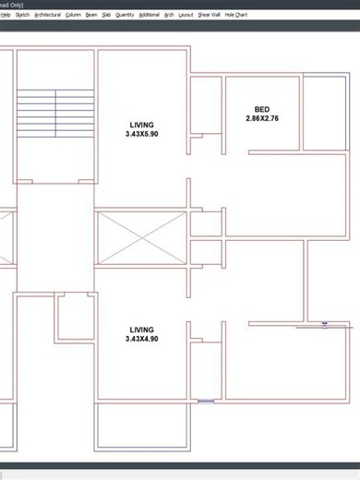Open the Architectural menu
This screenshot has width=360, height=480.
click(x=47, y=15)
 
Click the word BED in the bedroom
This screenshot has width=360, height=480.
click(x=262, y=110)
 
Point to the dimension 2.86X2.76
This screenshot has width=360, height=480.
click(x=262, y=118)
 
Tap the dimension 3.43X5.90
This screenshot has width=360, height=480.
click(x=142, y=134)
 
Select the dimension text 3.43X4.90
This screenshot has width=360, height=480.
click(x=142, y=339)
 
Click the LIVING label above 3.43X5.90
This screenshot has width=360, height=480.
click(x=142, y=125)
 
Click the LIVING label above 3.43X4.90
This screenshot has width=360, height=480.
click(x=142, y=330)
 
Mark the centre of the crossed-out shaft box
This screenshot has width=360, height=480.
click(x=141, y=238)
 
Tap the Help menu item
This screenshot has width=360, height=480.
click(x=5, y=15)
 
